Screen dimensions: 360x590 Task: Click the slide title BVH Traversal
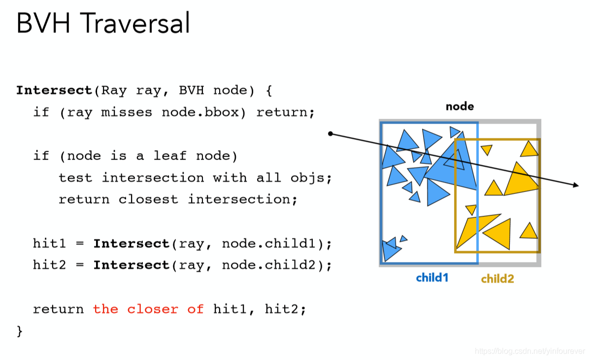pyautogui.click(x=103, y=23)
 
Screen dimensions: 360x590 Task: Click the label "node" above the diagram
pyautogui.click(x=459, y=106)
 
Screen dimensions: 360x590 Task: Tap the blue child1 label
pyautogui.click(x=432, y=278)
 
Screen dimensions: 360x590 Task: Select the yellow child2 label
pyautogui.click(x=497, y=279)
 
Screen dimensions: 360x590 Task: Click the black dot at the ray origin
pyautogui.click(x=330, y=133)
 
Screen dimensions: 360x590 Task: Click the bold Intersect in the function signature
pyautogui.click(x=54, y=91)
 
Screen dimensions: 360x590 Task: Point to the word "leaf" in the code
pyautogui.click(x=170, y=156)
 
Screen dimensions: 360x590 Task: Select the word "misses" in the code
pyautogui.click(x=127, y=112)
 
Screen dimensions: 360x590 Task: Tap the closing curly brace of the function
pyautogui.click(x=20, y=330)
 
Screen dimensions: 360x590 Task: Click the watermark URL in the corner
pyautogui.click(x=530, y=351)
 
